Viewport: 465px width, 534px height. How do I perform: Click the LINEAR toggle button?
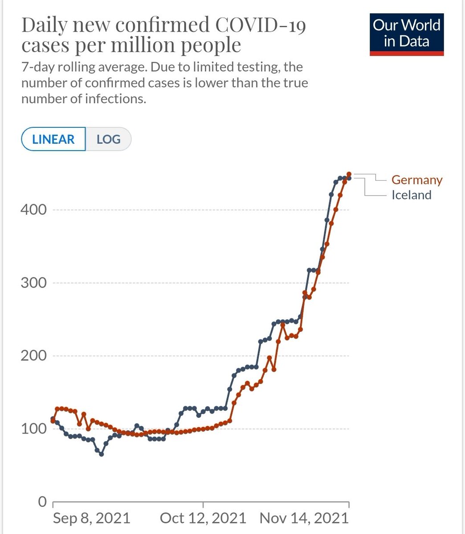click(x=53, y=139)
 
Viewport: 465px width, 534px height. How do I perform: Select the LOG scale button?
click(x=109, y=139)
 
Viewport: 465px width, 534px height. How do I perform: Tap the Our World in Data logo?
click(x=407, y=33)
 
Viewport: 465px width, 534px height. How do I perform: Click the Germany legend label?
click(x=417, y=180)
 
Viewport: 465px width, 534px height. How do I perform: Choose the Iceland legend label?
click(x=412, y=195)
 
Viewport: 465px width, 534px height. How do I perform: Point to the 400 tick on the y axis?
click(x=33, y=210)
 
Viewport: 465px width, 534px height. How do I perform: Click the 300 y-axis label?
click(x=33, y=283)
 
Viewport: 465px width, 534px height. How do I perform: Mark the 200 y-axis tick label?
click(x=33, y=356)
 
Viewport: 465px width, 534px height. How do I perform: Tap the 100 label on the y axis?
click(x=33, y=429)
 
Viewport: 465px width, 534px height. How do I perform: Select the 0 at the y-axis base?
click(x=42, y=502)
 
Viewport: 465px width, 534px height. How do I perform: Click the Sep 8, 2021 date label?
click(x=91, y=518)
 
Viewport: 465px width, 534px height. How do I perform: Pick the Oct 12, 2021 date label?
click(x=203, y=518)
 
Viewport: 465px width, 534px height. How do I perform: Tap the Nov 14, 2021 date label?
click(x=304, y=518)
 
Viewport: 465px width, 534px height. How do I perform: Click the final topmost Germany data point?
click(x=349, y=174)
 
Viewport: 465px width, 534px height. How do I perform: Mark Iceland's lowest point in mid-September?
click(x=102, y=454)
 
